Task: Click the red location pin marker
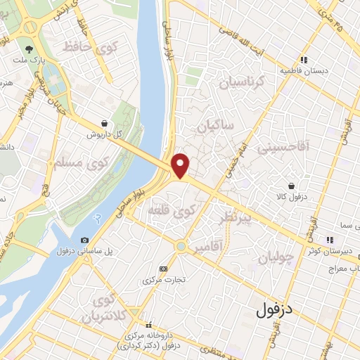click(x=181, y=165)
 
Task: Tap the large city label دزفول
click(x=274, y=308)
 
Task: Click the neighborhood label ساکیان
click(x=214, y=129)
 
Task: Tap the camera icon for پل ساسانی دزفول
click(x=86, y=240)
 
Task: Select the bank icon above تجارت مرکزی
click(x=164, y=268)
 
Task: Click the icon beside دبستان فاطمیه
click(x=304, y=60)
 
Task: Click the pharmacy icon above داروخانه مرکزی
click(x=148, y=326)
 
